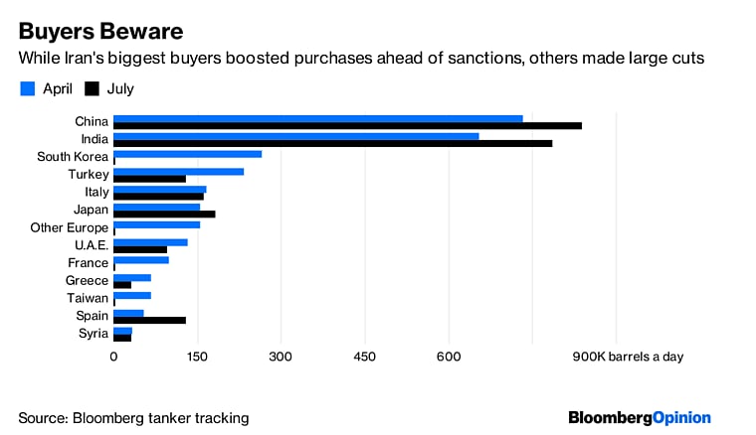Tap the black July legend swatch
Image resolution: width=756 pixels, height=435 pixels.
pos(91,89)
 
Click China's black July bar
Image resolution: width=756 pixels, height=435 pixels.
pos(347,126)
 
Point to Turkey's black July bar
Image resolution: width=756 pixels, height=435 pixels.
pos(149,179)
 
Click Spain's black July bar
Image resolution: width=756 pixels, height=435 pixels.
pos(149,320)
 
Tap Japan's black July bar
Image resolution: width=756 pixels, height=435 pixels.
pos(164,214)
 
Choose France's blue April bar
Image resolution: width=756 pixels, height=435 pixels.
pos(140,260)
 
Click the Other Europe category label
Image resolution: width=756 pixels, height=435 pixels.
pos(69,227)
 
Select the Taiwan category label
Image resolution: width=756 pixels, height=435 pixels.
pos(88,298)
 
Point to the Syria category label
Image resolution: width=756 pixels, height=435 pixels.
pos(93,333)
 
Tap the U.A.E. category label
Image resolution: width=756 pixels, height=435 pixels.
pos(91,245)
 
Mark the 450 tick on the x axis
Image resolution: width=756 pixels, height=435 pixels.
pos(364,357)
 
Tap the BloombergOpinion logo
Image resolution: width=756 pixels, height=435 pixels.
pos(640,417)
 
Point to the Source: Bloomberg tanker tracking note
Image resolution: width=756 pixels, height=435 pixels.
pos(133,418)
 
